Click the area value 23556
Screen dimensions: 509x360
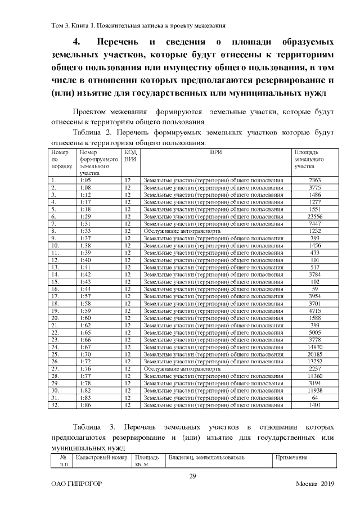(314, 217)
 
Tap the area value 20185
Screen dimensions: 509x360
(314, 355)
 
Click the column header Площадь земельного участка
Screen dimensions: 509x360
(308, 160)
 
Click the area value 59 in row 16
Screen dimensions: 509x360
(314, 289)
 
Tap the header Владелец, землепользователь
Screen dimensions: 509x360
(206, 458)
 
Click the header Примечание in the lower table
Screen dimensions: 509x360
(291, 458)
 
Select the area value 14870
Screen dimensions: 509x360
(314, 348)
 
